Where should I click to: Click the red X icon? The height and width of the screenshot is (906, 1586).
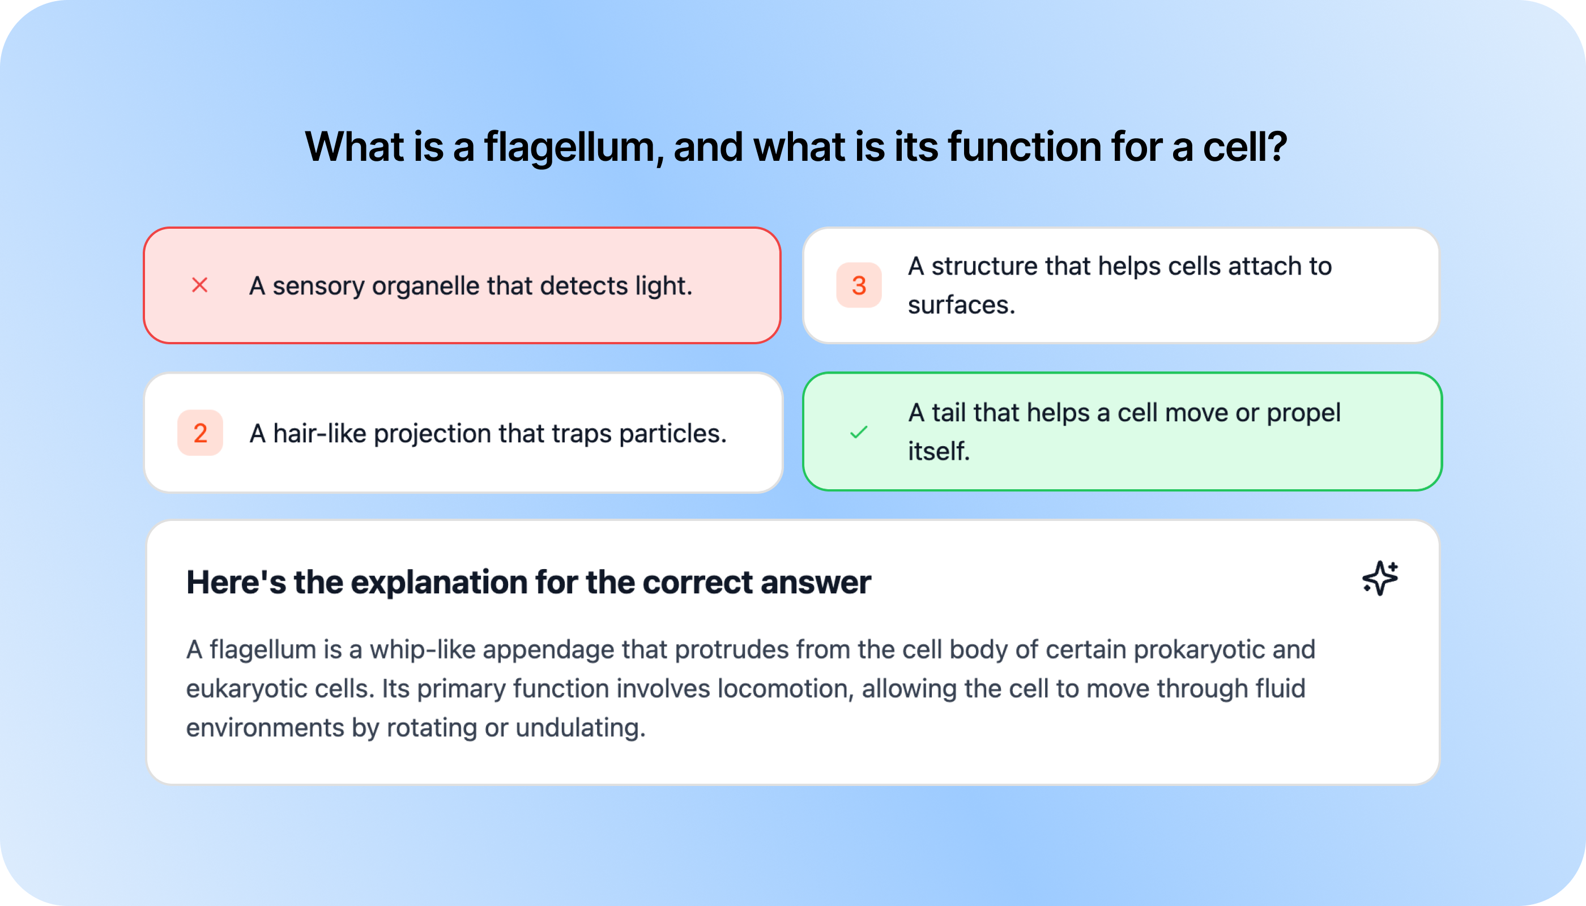pos(199,285)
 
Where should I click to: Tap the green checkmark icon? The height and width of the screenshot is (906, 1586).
pos(858,432)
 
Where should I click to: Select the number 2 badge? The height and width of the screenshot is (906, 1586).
pos(200,433)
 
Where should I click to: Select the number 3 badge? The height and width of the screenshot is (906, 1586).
pos(858,285)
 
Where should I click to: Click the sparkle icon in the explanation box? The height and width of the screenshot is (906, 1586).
pos(1379,579)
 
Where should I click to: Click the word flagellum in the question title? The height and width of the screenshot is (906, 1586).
pos(569,147)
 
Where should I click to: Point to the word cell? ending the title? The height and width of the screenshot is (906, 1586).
pos(1244,147)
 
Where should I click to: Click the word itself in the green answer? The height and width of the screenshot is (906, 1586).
pos(938,452)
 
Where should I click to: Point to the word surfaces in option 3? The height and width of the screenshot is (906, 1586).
pos(961,305)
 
